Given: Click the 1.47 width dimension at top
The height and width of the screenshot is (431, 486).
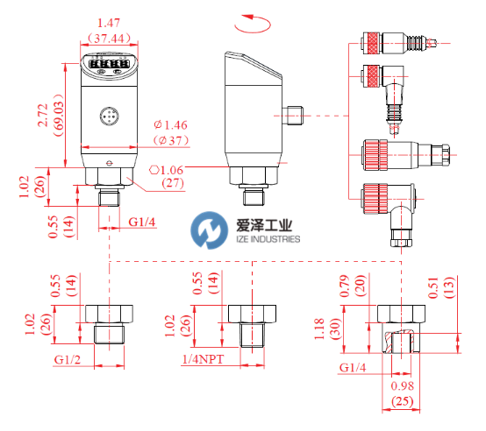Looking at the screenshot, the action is point(109,23).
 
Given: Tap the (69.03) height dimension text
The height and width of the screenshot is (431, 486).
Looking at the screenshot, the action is point(58,115).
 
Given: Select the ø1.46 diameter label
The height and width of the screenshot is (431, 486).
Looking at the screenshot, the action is point(171,125).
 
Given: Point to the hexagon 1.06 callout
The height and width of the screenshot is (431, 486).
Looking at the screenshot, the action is point(167,170).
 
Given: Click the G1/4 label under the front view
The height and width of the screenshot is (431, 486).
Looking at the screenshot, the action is point(142,222).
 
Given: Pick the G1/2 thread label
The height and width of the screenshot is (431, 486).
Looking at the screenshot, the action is point(68,360).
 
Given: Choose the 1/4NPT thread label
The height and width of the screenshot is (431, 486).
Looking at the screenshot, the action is point(203,359).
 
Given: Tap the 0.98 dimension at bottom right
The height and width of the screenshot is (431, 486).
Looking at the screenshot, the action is point(403,385).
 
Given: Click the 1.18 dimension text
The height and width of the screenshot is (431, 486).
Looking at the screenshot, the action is point(319,329).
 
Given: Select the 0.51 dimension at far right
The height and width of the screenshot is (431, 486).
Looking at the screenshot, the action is point(433,287).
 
